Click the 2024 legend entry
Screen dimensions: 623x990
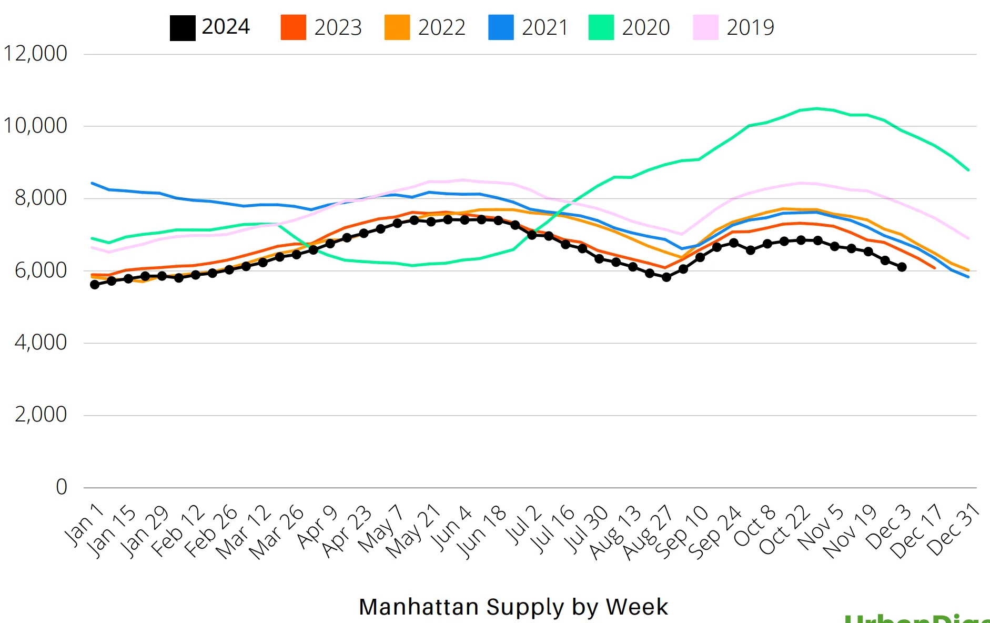point(210,27)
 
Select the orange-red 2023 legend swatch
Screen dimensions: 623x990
point(293,27)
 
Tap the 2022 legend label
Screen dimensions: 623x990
point(441,27)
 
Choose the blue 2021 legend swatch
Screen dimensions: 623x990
point(500,27)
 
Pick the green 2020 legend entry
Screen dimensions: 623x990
point(629,27)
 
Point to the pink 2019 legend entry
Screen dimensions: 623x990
point(734,27)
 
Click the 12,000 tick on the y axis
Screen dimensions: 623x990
point(35,54)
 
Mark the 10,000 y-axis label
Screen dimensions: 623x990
point(35,126)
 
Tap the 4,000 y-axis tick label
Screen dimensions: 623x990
point(41,343)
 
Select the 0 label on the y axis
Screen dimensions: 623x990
point(62,487)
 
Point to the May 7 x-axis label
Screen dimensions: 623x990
point(381,528)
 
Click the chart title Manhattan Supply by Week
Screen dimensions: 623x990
point(513,607)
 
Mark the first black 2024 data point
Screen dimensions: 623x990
point(95,285)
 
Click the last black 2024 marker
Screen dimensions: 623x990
point(902,267)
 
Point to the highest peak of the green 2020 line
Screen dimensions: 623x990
point(816,108)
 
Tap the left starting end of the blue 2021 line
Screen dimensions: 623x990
point(93,183)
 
